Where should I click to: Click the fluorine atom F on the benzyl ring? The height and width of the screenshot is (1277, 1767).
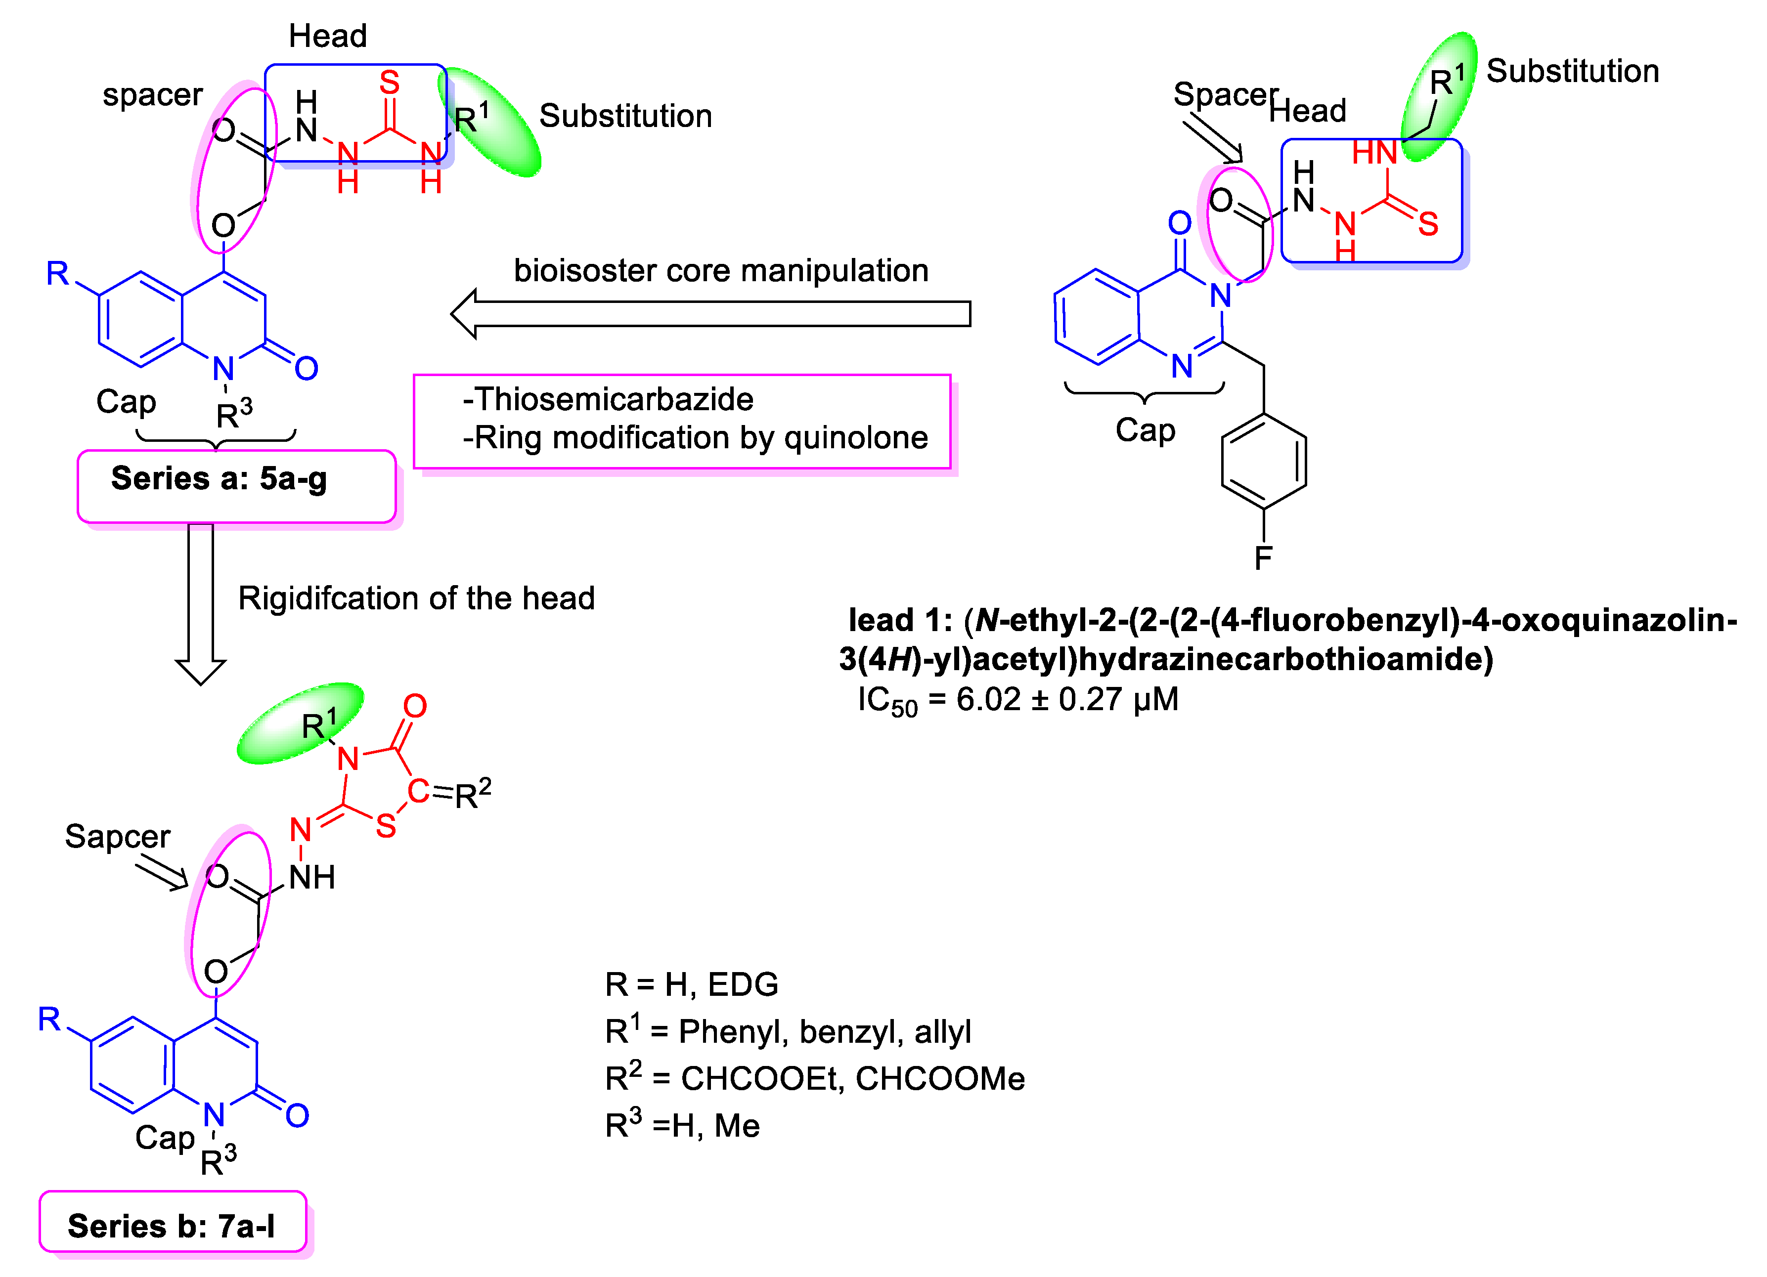(1263, 557)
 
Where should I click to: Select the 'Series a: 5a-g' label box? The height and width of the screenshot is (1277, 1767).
(236, 485)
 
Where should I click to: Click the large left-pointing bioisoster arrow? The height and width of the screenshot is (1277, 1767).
(709, 314)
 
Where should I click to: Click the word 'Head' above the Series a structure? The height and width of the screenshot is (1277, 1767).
(327, 36)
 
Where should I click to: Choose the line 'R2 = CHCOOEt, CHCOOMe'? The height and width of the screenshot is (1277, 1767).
(814, 1078)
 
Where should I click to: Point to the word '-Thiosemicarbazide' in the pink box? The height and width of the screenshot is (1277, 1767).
(608, 399)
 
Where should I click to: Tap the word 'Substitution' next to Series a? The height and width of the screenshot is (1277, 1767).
(625, 116)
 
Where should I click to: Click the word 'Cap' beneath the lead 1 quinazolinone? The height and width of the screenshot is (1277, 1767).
(1145, 430)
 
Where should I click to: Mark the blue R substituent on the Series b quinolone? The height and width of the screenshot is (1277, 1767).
(49, 1019)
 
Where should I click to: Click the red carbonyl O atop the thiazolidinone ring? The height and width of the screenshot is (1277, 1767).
(414, 706)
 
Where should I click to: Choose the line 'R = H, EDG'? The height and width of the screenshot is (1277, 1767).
(691, 984)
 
